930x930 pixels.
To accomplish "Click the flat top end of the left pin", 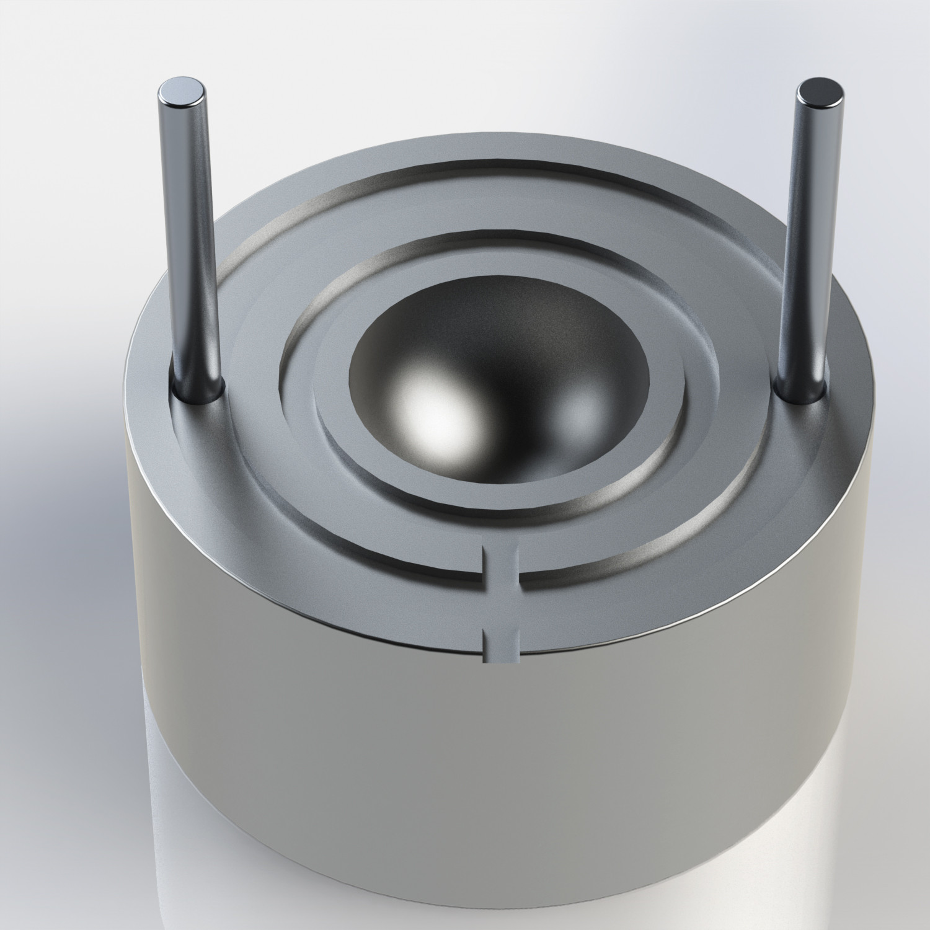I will point(181,92).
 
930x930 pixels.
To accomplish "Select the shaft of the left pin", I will point(189,248).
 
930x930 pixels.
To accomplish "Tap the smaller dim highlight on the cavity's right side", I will point(580,409).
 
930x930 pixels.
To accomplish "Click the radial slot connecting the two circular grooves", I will point(501,564).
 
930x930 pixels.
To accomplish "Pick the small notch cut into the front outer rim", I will point(500,645).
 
